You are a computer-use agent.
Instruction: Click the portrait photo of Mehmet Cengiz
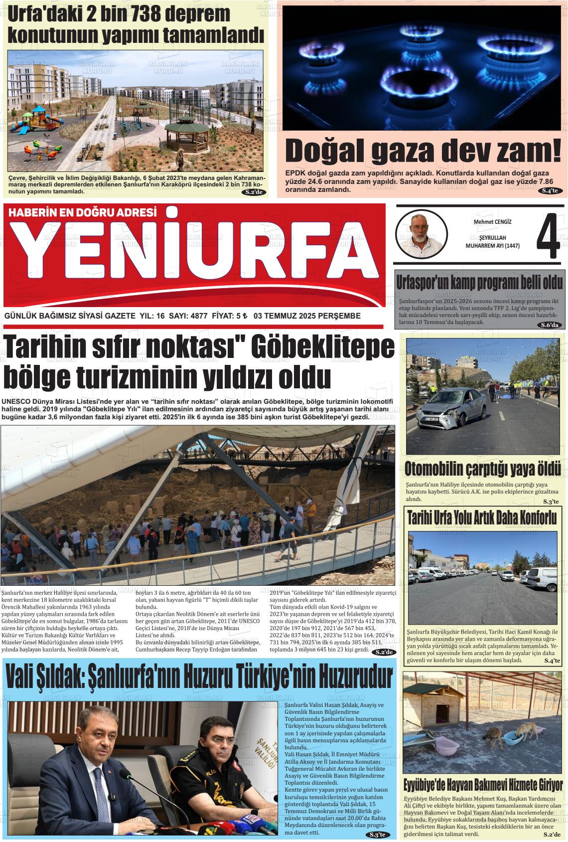pyautogui.click(x=420, y=233)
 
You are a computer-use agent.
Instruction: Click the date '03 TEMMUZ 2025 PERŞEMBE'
pyautogui.click(x=307, y=316)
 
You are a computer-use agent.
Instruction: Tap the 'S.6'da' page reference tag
pyautogui.click(x=551, y=325)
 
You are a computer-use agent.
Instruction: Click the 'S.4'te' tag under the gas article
pyautogui.click(x=552, y=190)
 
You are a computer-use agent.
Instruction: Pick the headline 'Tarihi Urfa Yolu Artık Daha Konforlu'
pyautogui.click(x=482, y=518)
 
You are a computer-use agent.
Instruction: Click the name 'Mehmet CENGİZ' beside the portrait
pyautogui.click(x=492, y=221)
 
